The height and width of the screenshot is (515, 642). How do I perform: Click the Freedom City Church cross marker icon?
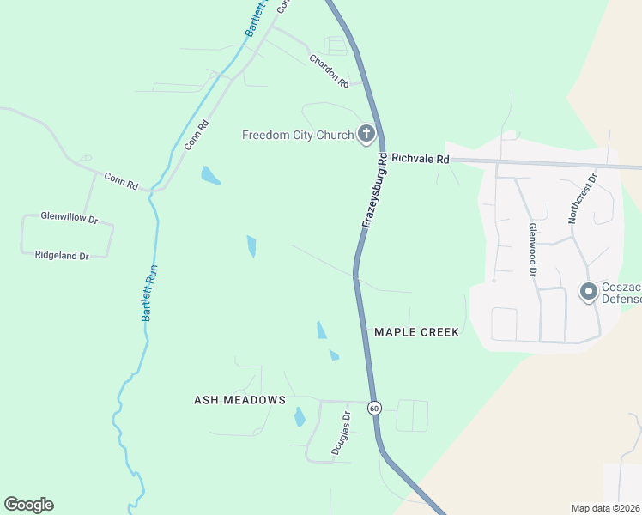tap(366, 133)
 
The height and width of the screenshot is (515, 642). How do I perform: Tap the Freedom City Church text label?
tap(297, 135)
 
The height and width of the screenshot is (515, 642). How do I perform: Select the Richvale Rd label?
tap(420, 159)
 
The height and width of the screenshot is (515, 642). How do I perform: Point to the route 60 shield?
tap(374, 408)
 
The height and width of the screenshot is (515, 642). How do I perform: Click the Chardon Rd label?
tap(329, 71)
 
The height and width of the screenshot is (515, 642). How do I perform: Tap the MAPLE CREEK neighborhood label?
tap(416, 332)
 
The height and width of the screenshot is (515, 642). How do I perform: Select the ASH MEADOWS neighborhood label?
tap(239, 400)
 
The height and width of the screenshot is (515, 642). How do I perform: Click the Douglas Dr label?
tap(341, 433)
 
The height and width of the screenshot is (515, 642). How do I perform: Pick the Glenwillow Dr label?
tap(64, 217)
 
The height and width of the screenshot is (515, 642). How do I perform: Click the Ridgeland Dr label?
tap(62, 256)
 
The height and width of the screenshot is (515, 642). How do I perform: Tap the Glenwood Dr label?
tap(533, 249)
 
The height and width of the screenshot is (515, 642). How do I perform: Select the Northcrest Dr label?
tap(582, 197)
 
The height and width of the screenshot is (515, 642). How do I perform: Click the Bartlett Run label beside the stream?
tap(150, 293)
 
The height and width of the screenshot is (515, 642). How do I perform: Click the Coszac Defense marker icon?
tap(589, 293)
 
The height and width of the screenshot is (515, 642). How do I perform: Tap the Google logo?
tap(28, 505)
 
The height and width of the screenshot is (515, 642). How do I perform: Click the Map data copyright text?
tap(606, 507)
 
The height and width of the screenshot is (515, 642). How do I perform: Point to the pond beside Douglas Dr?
tap(300, 417)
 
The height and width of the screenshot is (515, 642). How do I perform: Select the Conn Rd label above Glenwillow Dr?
tap(121, 181)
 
